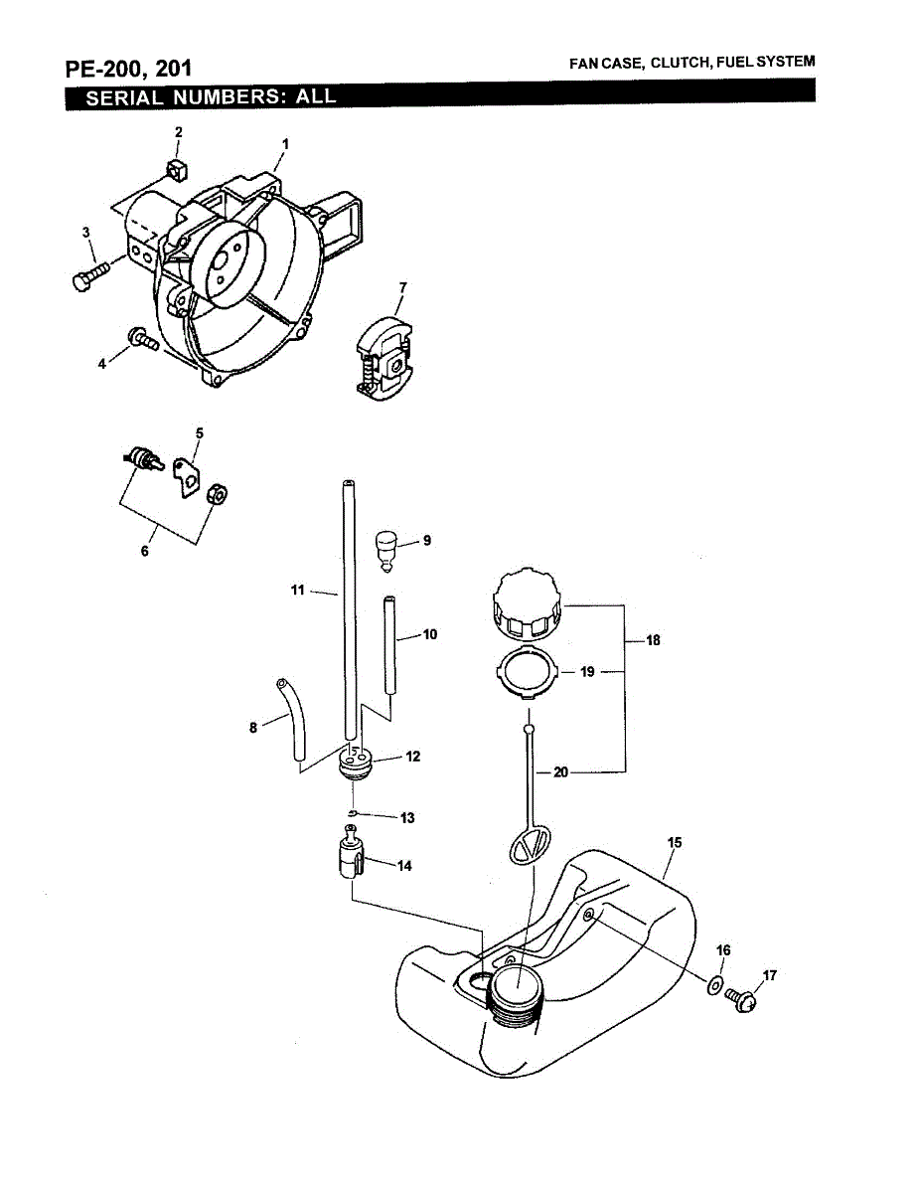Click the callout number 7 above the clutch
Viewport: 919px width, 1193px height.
402,287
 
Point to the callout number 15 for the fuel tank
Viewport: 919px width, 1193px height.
675,843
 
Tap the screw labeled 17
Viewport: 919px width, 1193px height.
741,996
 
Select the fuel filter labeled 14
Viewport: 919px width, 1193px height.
347,857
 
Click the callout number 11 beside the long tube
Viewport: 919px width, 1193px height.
297,590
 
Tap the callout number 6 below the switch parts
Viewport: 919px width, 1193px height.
145,550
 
